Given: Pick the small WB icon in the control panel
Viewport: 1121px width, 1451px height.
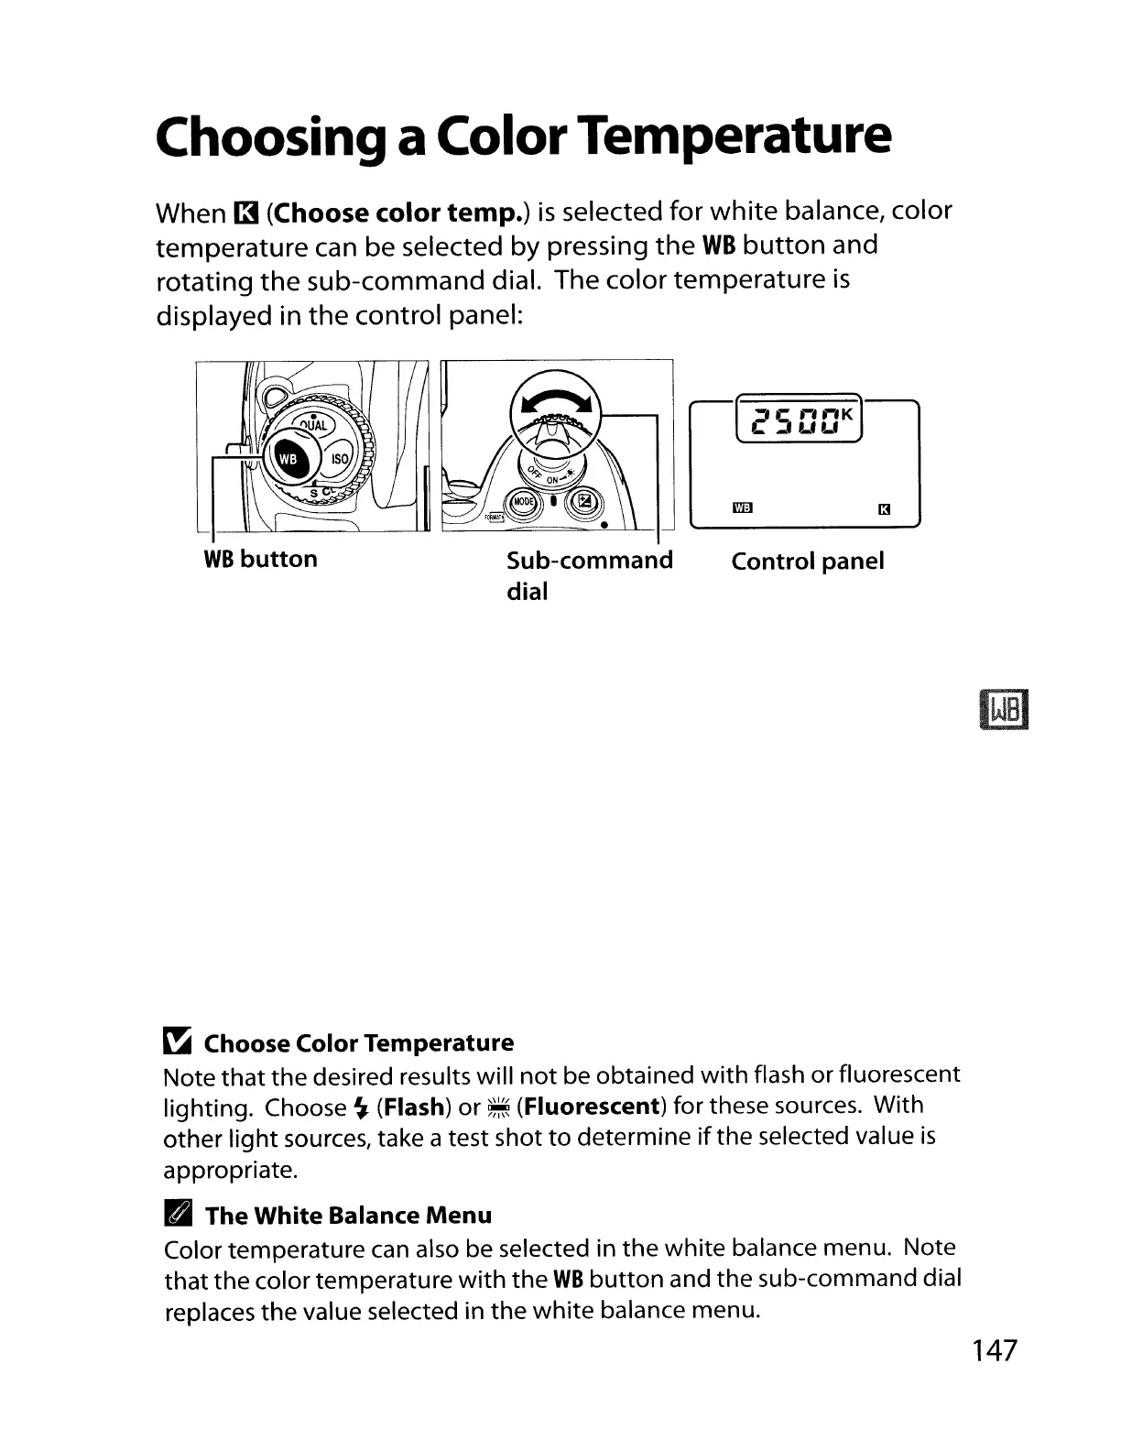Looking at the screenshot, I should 742,508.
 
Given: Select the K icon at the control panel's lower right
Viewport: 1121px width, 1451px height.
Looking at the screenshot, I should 884,509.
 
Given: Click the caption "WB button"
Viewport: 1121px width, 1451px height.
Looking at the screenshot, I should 260,559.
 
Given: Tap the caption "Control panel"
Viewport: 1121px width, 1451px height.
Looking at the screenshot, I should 807,561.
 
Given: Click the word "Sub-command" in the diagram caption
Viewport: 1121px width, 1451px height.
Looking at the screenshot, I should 589,560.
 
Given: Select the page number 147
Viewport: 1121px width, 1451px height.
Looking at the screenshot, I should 995,1349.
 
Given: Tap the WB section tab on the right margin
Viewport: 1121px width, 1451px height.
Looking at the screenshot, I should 1004,711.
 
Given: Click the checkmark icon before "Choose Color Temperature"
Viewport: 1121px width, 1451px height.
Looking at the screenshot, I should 177,1042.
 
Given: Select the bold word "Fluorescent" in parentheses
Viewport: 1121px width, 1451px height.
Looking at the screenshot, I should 589,1106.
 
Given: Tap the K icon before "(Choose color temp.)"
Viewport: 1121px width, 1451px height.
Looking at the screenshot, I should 245,214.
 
